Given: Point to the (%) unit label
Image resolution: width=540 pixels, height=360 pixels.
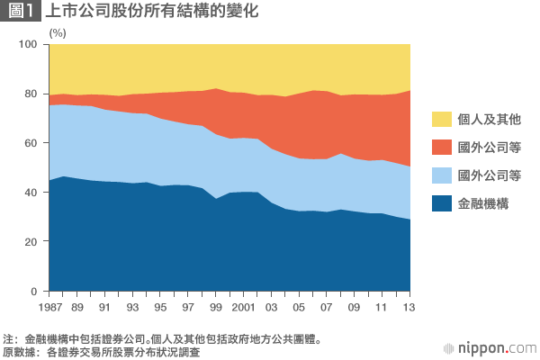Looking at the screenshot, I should (58, 32).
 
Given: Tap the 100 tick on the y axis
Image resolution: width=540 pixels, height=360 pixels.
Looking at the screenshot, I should (28, 45).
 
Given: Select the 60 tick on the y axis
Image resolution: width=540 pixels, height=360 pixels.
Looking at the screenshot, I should (31, 144).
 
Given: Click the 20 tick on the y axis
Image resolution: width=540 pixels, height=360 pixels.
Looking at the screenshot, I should (31, 242).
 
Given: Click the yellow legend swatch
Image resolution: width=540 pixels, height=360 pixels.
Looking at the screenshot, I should (442, 119).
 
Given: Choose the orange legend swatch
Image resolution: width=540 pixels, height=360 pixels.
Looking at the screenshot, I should (442, 147).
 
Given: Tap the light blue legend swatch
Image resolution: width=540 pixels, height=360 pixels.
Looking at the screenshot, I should (442, 175).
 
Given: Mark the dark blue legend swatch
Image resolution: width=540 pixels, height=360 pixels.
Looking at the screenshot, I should (442, 203).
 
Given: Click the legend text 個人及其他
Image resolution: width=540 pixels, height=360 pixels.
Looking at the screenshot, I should (490, 119).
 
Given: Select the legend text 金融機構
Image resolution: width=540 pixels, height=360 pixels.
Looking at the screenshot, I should (484, 203).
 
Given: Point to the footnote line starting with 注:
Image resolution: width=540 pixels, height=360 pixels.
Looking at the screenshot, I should (162, 339).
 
